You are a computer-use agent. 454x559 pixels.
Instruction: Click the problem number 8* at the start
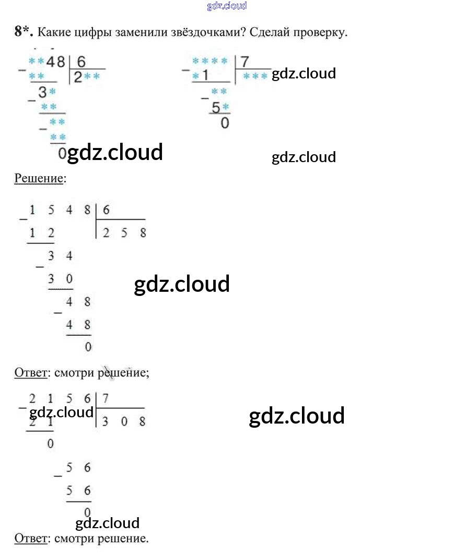24,32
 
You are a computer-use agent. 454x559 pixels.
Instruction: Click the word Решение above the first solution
38,178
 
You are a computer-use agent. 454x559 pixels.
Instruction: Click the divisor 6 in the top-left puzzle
81,62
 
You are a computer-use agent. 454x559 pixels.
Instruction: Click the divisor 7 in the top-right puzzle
245,62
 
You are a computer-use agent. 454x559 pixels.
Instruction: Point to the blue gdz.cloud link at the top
227,6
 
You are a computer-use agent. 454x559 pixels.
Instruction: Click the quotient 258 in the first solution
124,233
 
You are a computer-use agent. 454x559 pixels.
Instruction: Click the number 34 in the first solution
61,256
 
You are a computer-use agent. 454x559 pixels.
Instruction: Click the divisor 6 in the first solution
107,210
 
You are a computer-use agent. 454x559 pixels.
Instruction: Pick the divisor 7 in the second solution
106,398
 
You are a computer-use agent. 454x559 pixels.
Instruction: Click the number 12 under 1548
41,233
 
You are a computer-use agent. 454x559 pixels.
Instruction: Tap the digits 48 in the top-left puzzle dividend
56,62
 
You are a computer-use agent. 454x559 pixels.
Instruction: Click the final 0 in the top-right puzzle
225,123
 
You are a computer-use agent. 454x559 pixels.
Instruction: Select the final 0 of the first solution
88,346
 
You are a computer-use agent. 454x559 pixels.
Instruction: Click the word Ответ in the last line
30,538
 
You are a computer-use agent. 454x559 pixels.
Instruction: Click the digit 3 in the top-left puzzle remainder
42,93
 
